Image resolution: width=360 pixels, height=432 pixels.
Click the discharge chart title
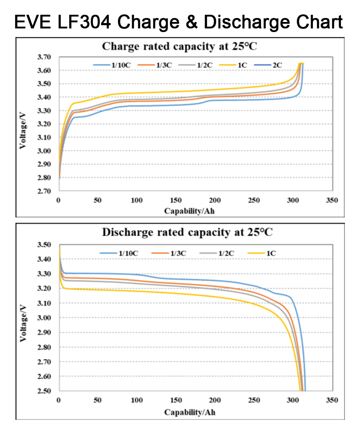click(187, 232)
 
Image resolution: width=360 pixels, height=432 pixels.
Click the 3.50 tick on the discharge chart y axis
click(45, 245)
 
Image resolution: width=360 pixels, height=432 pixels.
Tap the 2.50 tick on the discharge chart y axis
click(45, 391)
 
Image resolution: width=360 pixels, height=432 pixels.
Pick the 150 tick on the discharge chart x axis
click(176, 400)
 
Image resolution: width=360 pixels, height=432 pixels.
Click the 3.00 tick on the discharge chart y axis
click(45, 318)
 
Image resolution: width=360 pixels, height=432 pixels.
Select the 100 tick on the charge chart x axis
click(137, 200)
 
